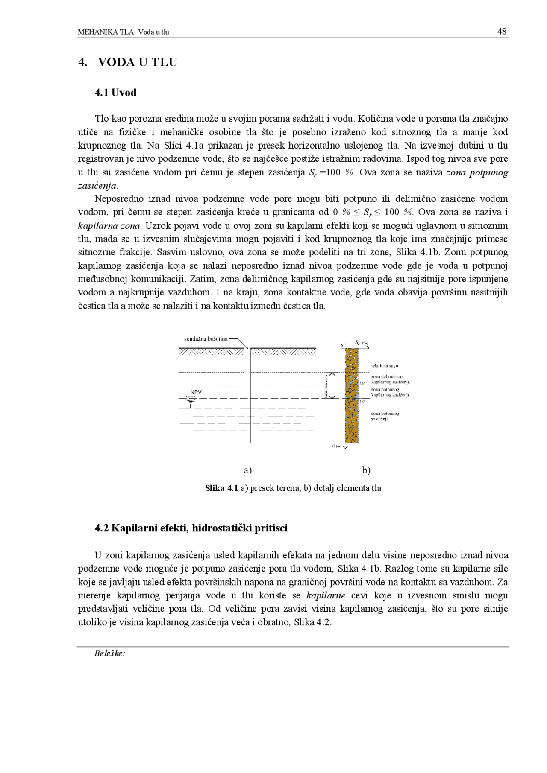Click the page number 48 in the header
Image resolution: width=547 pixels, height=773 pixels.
point(502,32)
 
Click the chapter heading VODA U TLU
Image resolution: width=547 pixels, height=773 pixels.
point(138,62)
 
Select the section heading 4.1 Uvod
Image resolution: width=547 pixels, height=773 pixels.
point(115,93)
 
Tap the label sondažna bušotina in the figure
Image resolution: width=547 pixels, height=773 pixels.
point(206,339)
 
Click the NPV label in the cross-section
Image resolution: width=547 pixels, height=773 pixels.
point(196,392)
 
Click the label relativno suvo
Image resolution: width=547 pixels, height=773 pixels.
point(385,366)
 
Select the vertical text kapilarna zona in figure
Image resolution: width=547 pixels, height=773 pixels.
point(326,386)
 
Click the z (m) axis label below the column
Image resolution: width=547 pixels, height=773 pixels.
point(337,446)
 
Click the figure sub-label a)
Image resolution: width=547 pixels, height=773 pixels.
point(248,470)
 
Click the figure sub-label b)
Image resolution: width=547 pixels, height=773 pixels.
point(366,470)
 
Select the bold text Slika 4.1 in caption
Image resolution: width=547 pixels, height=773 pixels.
point(221,488)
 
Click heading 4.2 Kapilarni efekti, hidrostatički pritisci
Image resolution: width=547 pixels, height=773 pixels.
point(191,528)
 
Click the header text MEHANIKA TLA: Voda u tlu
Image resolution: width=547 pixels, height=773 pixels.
point(124,32)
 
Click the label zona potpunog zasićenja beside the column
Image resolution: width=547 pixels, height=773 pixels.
point(385,416)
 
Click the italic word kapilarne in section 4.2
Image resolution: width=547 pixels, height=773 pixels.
point(326,595)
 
